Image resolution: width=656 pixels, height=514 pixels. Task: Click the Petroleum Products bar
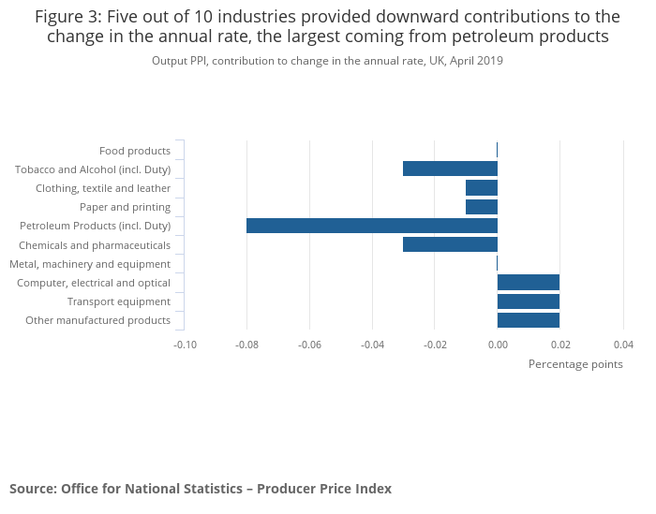[372, 226]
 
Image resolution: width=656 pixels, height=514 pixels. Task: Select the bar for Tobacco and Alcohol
[450, 169]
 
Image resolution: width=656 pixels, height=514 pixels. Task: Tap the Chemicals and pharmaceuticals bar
[450, 244]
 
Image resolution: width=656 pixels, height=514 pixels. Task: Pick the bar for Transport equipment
[529, 301]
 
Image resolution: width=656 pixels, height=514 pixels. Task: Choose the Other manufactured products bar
[529, 320]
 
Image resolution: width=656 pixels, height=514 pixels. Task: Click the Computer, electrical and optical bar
[529, 283]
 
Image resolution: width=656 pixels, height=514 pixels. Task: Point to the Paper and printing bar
[482, 207]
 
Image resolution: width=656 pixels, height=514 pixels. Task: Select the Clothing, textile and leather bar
[482, 188]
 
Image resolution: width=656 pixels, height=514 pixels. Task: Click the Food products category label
[135, 151]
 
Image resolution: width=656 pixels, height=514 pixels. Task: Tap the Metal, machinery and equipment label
[90, 264]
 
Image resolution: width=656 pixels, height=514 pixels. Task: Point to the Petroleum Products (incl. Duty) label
[96, 226]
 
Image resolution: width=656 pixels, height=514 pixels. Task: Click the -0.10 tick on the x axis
[185, 344]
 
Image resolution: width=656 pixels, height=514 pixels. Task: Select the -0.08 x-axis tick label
[247, 344]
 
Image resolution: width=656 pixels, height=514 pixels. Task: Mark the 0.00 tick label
[498, 344]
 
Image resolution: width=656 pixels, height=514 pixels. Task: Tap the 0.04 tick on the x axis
[623, 344]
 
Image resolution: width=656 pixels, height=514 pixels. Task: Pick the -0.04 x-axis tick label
[372, 344]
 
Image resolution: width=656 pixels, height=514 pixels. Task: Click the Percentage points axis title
[575, 364]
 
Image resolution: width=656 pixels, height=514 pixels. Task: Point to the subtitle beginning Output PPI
[327, 61]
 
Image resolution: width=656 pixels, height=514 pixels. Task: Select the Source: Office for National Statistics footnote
[201, 488]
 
